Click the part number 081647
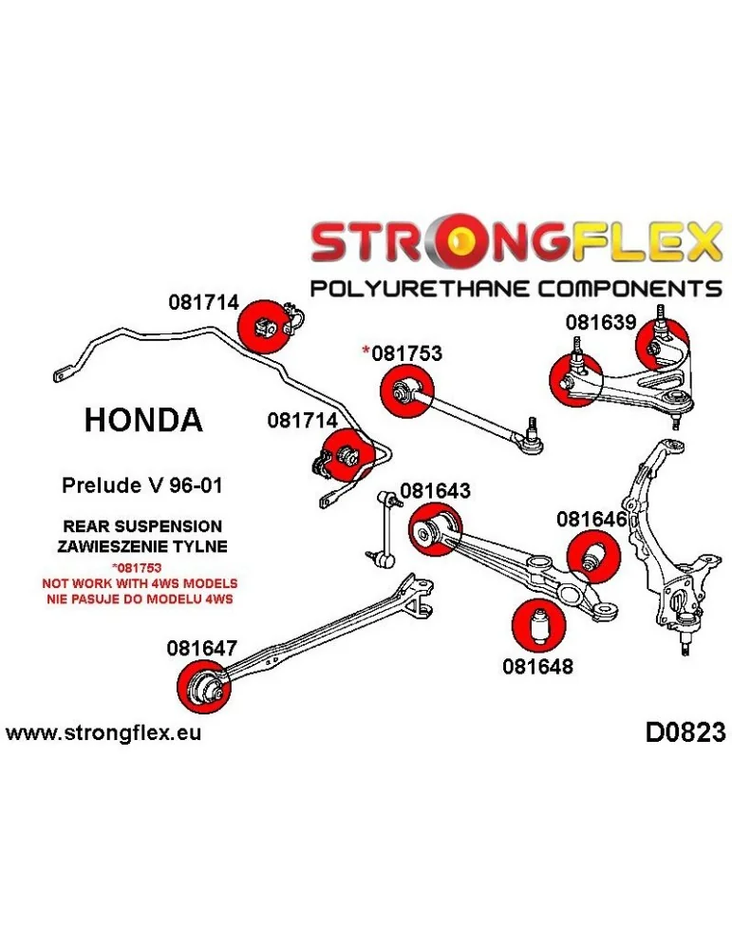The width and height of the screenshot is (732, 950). click(x=202, y=649)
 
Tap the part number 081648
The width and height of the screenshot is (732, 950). click(x=537, y=666)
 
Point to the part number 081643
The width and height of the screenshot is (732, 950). click(x=435, y=491)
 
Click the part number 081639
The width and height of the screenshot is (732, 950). click(x=601, y=322)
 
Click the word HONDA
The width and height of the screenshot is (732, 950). click(x=143, y=420)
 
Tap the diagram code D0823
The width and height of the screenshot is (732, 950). click(x=685, y=732)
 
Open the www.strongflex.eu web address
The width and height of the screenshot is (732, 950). click(x=103, y=733)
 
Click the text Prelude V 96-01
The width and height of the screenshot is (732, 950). click(x=142, y=485)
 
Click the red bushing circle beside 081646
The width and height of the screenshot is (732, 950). click(x=592, y=555)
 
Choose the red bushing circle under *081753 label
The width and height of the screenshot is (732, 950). click(x=405, y=389)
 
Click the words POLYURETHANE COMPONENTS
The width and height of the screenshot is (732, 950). click(x=516, y=288)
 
